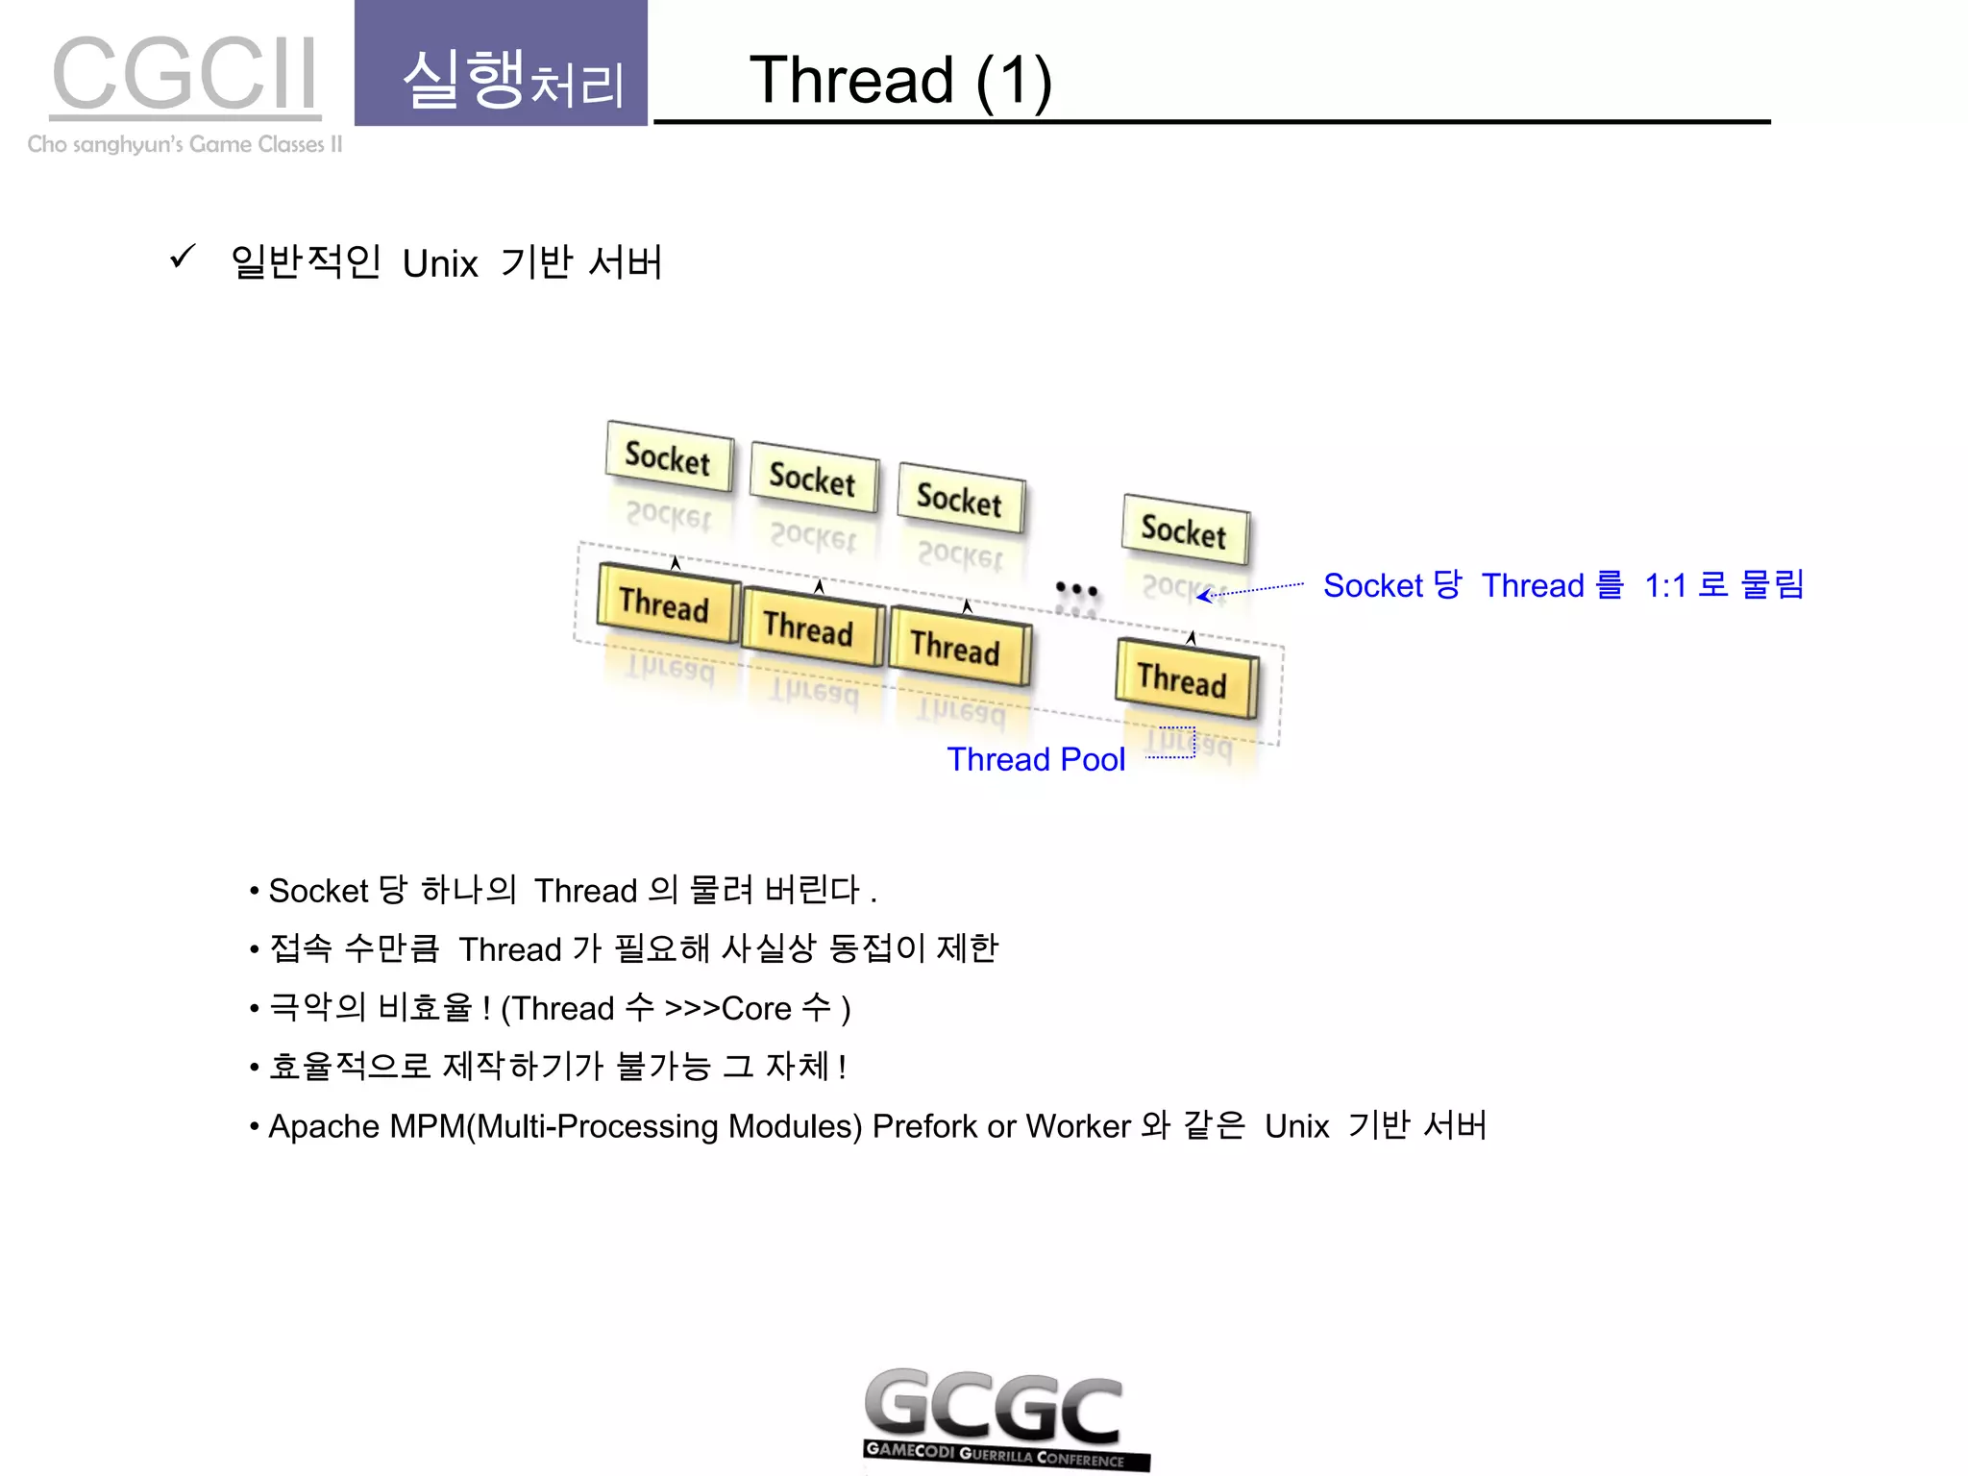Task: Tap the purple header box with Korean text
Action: (501, 63)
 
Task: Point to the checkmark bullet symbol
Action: (182, 257)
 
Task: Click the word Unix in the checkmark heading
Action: (439, 263)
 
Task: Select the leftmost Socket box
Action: (669, 457)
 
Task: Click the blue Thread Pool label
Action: (1036, 760)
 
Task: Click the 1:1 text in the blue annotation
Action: (1665, 585)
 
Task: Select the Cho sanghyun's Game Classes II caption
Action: (184, 144)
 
